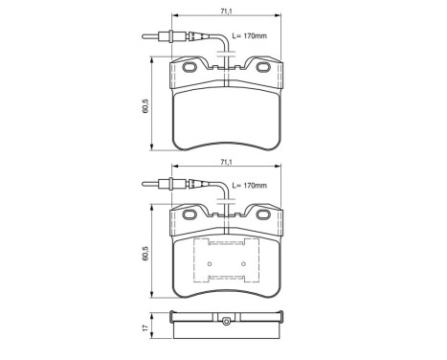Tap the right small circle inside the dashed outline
click(243, 264)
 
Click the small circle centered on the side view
click(225, 321)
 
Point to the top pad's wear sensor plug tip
click(145, 38)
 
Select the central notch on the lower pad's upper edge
click(225, 215)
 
